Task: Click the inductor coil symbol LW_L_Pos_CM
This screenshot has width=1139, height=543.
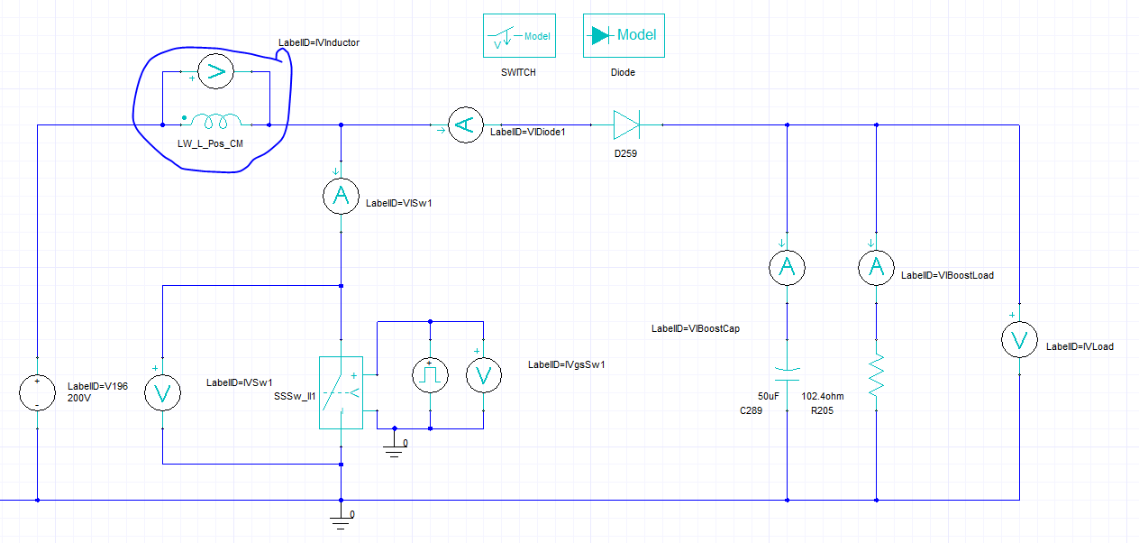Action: tap(214, 121)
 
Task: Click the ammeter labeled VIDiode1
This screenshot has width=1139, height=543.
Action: tap(465, 125)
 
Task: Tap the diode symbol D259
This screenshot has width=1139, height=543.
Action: tap(625, 125)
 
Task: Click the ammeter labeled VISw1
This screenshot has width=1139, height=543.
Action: tap(341, 198)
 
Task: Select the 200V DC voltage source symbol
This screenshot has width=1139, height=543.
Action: tap(37, 393)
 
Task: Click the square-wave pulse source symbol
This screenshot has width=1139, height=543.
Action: tap(430, 374)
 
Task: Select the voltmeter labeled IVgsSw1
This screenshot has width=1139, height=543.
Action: tap(482, 374)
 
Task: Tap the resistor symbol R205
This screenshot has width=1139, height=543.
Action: tap(876, 377)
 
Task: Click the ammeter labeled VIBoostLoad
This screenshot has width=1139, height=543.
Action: tap(876, 267)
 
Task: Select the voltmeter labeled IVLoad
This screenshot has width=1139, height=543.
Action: tap(1020, 339)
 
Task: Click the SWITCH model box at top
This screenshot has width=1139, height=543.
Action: tap(518, 36)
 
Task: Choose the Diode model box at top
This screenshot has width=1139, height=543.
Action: tap(624, 36)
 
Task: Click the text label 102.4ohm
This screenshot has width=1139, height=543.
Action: tap(824, 396)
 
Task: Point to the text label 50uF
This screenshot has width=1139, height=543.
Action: tap(769, 396)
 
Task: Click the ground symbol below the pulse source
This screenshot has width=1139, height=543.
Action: tap(393, 446)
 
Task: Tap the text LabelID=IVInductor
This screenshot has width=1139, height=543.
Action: tap(319, 42)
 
